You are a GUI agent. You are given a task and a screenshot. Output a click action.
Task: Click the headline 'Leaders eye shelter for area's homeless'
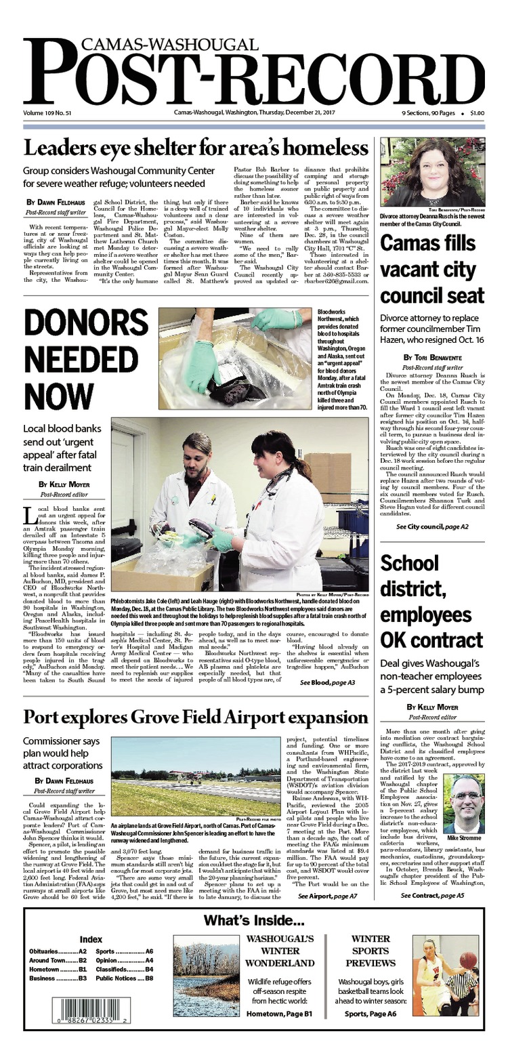196,148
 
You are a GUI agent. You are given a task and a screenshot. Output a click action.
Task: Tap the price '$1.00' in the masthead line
476,112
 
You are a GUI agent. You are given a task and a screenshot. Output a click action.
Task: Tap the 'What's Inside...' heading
254,921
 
